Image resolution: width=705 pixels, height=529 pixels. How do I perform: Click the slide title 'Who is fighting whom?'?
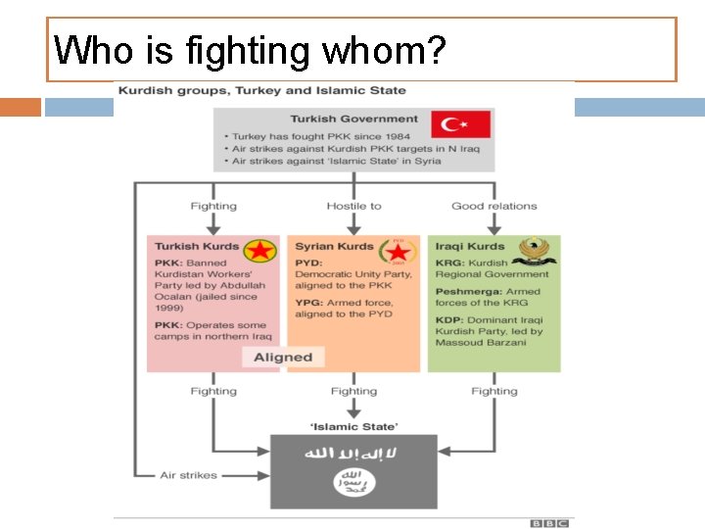point(250,50)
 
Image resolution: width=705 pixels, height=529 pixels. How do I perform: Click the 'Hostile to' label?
point(353,206)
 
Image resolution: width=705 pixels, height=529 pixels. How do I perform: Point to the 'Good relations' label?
point(493,206)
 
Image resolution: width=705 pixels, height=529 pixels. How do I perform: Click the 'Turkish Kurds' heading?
point(196,246)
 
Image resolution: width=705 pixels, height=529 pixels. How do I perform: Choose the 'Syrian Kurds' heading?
point(334,246)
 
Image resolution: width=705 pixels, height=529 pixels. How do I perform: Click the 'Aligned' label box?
point(283,358)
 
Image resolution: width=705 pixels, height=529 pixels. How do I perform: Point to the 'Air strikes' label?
point(188,475)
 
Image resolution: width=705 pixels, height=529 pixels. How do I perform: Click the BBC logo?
point(549,523)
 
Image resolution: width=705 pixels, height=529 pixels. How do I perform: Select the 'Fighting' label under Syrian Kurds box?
point(353,391)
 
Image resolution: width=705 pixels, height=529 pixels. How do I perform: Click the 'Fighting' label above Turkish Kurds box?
point(213,206)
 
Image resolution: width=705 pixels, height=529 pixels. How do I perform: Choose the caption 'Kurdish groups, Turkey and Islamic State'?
point(262,91)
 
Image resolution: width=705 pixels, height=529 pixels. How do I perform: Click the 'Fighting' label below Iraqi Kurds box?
point(493,391)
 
